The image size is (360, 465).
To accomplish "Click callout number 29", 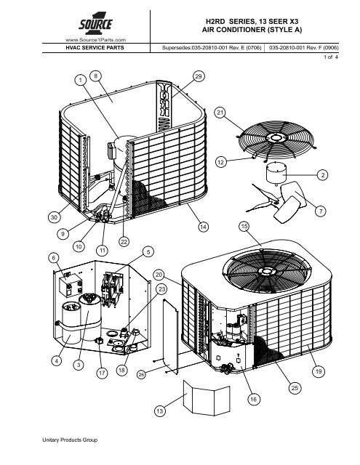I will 199,76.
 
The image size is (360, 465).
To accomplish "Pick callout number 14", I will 203,227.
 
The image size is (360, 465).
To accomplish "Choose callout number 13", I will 159,412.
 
